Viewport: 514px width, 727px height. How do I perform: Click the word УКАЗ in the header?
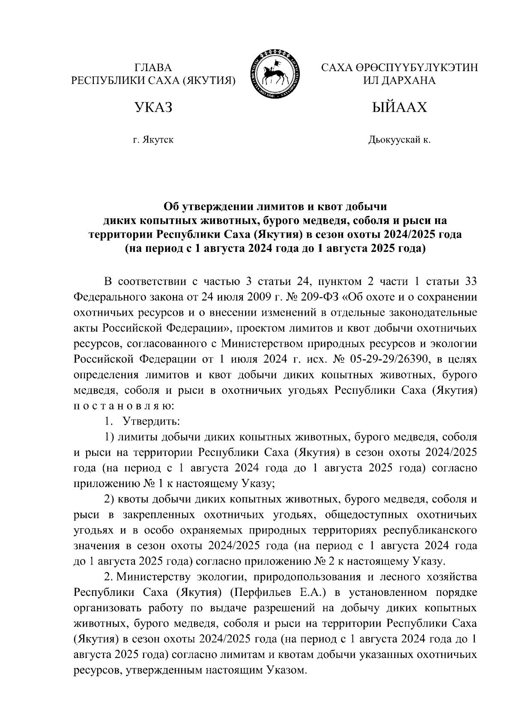tap(153, 107)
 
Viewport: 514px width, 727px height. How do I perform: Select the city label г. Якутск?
tap(153, 140)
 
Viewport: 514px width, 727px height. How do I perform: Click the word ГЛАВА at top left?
tap(153, 68)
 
